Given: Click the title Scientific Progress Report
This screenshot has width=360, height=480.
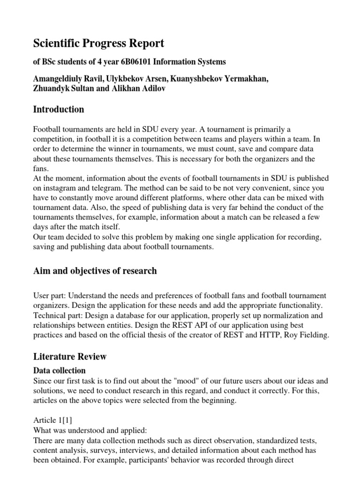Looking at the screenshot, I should pyautogui.click(x=98, y=44).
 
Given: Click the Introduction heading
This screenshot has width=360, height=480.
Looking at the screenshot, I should pyautogui.click(x=59, y=110).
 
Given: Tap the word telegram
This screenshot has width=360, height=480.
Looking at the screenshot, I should pyautogui.click(x=102, y=188).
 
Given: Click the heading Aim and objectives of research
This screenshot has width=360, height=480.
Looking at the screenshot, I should pyautogui.click(x=95, y=271).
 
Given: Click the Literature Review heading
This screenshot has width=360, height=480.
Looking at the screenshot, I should pyautogui.click(x=70, y=357).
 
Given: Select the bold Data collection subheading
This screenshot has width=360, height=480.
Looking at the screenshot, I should pyautogui.click(x=59, y=370).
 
